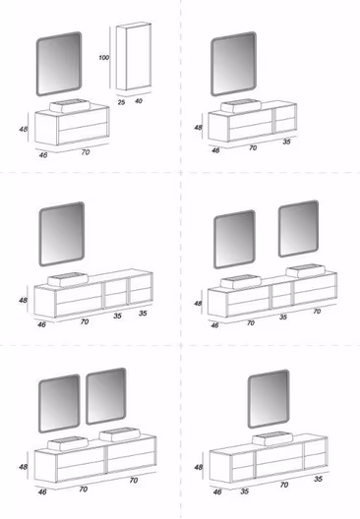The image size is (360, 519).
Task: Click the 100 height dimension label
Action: click(x=104, y=58)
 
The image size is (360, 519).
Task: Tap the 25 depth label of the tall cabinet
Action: click(x=122, y=102)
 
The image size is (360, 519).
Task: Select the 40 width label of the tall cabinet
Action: click(x=139, y=100)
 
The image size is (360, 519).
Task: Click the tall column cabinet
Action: click(x=134, y=56)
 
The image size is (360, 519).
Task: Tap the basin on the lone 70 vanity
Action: click(x=70, y=105)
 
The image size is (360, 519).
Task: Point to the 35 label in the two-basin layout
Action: click(x=283, y=317)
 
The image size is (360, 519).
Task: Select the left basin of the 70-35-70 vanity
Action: click(x=241, y=282)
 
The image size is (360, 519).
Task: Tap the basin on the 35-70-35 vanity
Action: click(x=272, y=438)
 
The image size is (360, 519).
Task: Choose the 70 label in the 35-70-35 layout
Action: click(x=284, y=485)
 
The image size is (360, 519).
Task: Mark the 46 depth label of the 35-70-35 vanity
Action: click(x=217, y=491)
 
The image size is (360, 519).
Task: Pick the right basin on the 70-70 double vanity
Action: click(x=120, y=434)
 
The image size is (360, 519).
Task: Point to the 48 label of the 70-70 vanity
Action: click(x=23, y=467)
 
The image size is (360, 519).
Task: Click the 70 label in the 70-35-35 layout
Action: click(x=85, y=321)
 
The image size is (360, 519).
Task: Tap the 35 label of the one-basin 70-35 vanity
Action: click(x=286, y=142)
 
